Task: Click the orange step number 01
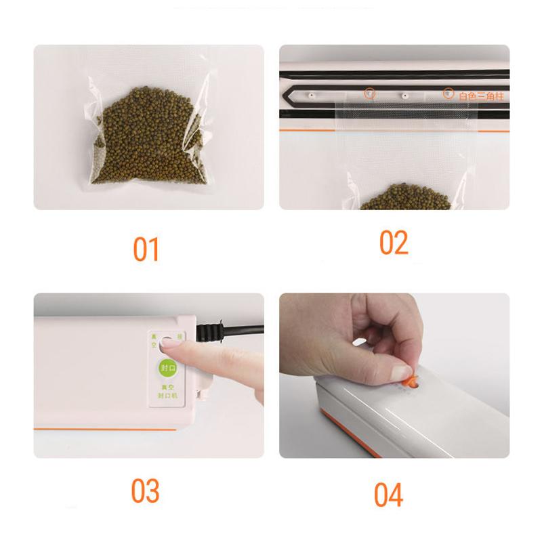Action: pos(146,249)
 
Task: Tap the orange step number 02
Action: pos(394,243)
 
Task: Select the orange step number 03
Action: pos(146,491)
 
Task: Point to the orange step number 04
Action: pos(389,494)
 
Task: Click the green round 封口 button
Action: pos(167,368)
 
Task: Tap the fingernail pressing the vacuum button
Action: pos(170,344)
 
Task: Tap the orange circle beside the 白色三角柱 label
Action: pos(448,93)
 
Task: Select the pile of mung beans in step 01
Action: pos(146,135)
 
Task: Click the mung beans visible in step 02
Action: pos(404,197)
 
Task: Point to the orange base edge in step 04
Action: pos(379,440)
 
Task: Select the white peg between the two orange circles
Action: pos(404,95)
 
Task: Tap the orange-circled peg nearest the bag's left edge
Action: pos(369,93)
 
